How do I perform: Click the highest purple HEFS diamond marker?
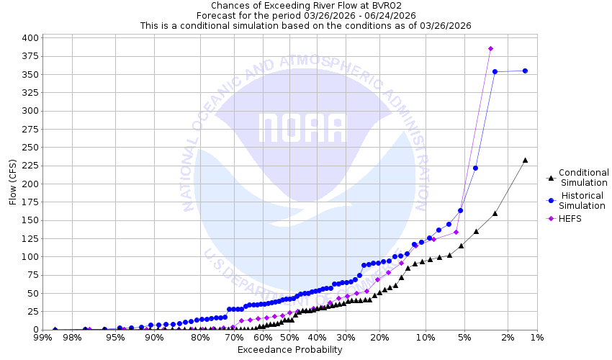coord(490,48)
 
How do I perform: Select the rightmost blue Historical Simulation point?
coord(525,71)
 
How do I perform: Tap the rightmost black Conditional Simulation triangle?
coord(525,160)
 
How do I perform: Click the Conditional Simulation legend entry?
coord(583,177)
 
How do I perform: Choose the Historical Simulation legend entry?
coord(583,201)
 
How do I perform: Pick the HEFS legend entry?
coord(570,219)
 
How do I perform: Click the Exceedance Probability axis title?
coord(289,350)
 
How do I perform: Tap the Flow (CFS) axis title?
coord(12,184)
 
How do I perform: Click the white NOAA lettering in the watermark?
coord(302,128)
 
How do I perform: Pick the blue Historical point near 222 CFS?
coord(475,168)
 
